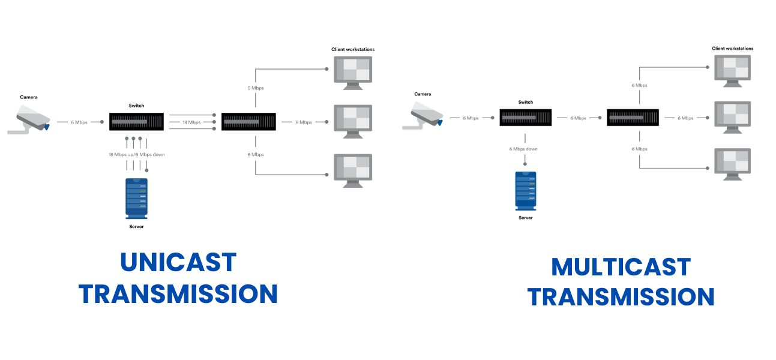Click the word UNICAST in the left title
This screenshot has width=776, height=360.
pyautogui.click(x=178, y=262)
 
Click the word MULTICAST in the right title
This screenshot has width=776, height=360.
pyautogui.click(x=621, y=267)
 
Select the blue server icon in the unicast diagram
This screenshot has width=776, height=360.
pyautogui.click(x=136, y=197)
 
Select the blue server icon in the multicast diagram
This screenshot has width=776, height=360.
pyautogui.click(x=525, y=191)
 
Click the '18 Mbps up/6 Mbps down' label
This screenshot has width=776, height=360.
pyautogui.click(x=136, y=155)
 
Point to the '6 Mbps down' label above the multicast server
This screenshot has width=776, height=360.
pyautogui.click(x=523, y=149)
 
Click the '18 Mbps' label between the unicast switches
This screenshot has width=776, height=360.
pyautogui.click(x=191, y=122)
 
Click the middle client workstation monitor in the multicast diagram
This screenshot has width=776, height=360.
pyautogui.click(x=732, y=115)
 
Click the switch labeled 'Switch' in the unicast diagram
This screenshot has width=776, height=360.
pyautogui.click(x=136, y=122)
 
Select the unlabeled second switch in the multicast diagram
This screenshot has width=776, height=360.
pyautogui.click(x=633, y=118)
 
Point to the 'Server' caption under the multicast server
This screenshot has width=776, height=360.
pyautogui.click(x=525, y=218)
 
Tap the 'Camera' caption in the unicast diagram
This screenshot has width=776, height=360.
pyautogui.click(x=29, y=97)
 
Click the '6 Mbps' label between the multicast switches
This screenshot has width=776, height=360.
pyautogui.click(x=579, y=118)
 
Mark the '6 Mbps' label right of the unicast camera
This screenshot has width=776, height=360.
pyautogui.click(x=79, y=122)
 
